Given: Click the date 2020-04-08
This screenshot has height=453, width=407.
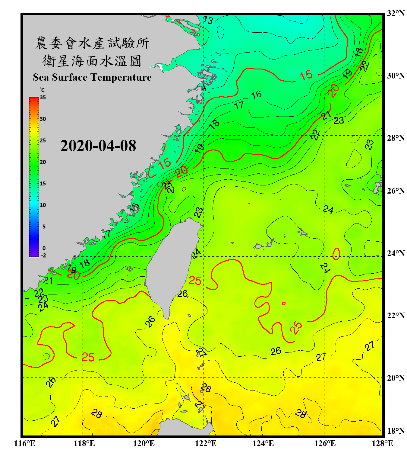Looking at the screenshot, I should tap(98, 146).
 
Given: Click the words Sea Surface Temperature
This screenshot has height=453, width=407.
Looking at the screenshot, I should tap(92, 77).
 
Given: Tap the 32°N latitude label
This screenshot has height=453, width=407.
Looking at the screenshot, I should tap(396, 13).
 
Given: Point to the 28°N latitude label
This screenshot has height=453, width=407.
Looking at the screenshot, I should tap(396, 138).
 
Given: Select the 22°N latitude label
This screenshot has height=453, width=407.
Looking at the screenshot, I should tap(396, 316).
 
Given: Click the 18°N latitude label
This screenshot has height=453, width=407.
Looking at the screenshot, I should tap(396, 431).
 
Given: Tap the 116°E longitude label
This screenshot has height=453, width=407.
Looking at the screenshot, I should tap(25, 443).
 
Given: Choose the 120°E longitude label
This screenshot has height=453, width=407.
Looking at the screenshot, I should tap(144, 443).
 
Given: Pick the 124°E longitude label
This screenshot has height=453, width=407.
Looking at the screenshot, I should tap(263, 443).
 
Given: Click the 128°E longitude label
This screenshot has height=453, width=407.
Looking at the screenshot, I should tap(382, 443).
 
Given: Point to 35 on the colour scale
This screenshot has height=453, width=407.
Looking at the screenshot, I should tap(43, 98).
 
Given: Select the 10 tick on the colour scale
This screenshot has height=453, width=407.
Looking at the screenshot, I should tap(43, 205).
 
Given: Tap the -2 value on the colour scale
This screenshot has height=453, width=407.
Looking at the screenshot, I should tap(43, 255).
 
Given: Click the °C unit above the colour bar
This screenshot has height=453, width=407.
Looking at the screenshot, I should tap(42, 90).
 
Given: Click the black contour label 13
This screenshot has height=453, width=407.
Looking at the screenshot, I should tap(208, 20).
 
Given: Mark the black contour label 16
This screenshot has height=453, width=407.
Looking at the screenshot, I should tap(256, 95).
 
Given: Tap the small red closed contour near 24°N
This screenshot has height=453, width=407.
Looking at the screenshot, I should tap(336, 254).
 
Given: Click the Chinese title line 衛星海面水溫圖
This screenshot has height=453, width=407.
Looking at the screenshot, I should tap(92, 61).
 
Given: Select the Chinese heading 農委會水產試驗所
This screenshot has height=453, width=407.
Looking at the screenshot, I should tap(92, 43).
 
